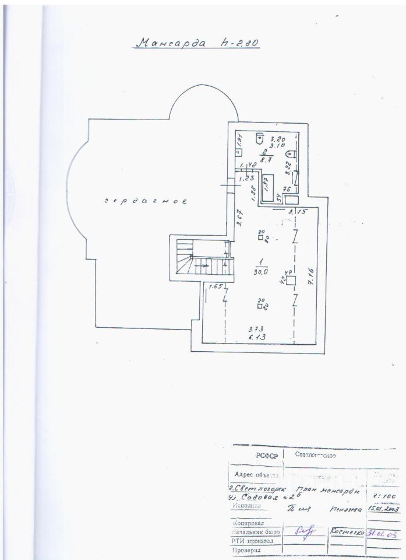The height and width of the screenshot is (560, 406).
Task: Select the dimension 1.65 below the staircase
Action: (215, 286)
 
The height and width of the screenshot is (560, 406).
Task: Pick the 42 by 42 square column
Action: (291, 280)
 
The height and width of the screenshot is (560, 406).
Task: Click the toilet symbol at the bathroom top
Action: (260, 137)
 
